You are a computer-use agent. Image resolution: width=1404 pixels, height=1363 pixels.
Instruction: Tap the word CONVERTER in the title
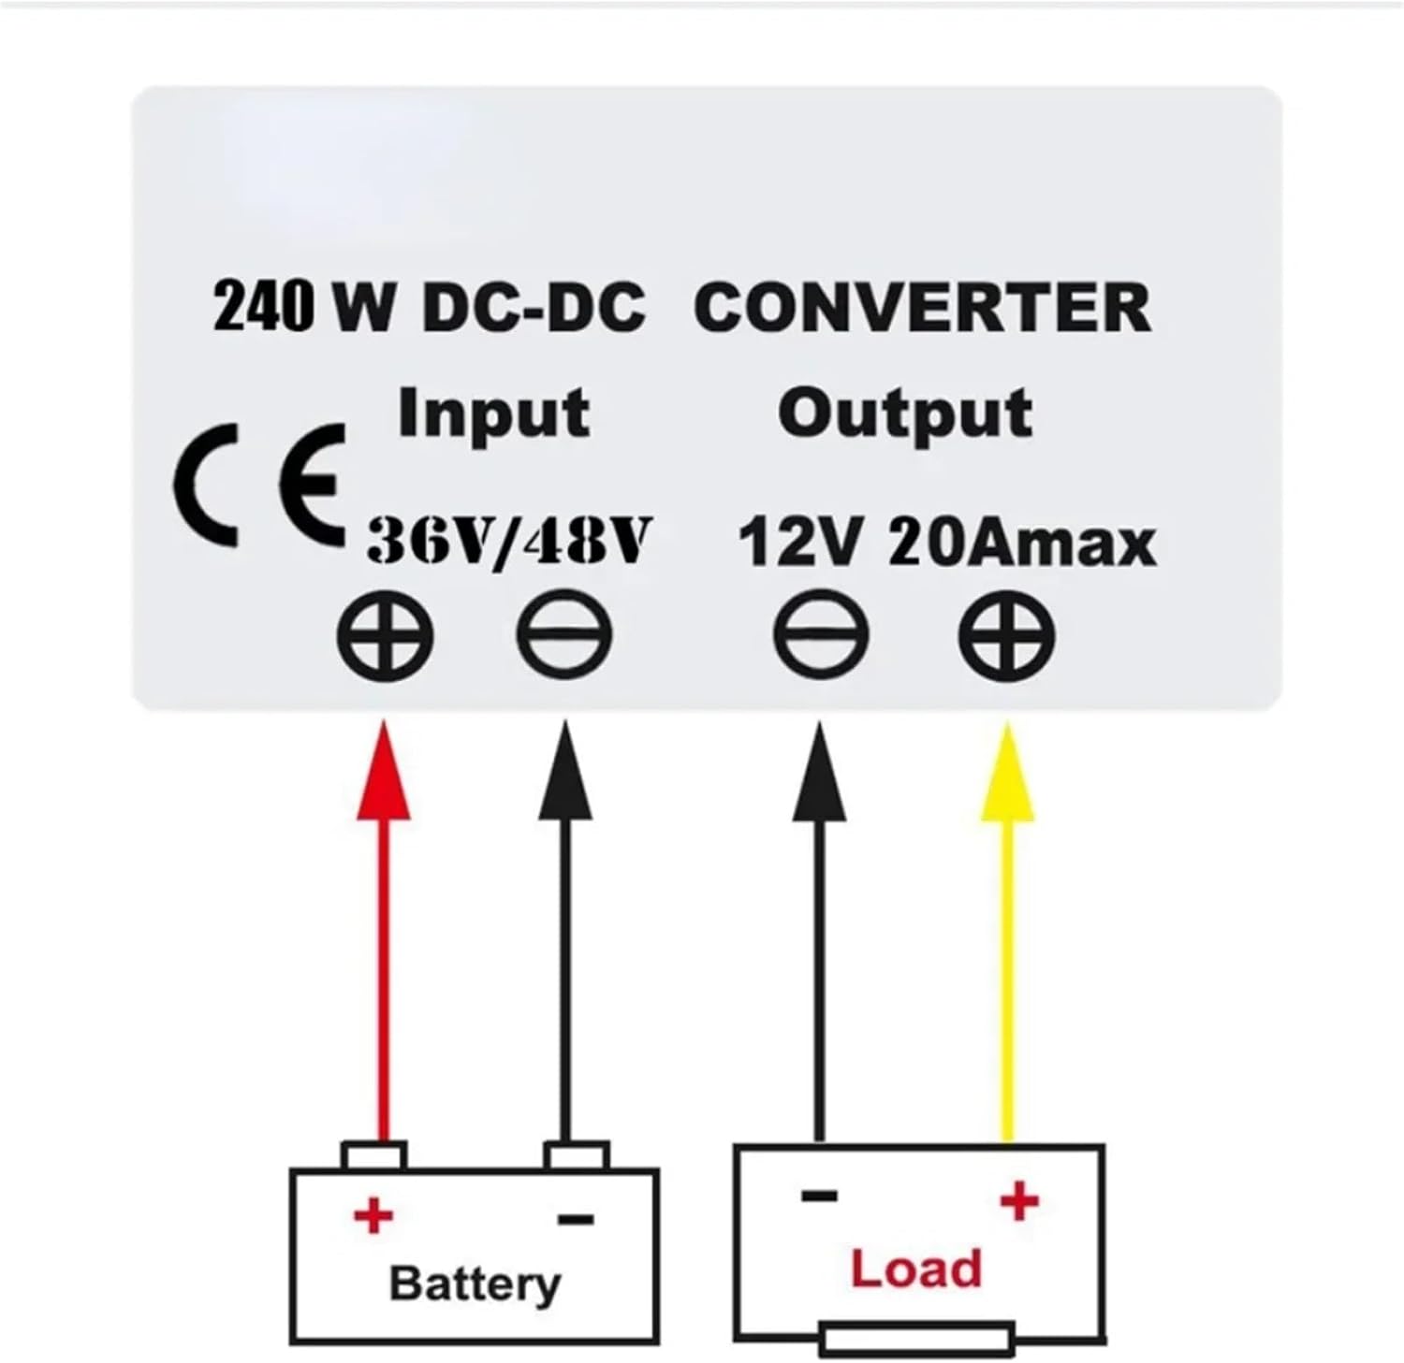pos(922,308)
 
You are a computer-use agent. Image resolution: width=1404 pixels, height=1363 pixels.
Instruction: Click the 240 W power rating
pos(302,308)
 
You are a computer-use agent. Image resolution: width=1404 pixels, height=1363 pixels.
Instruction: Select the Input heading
pos(493,414)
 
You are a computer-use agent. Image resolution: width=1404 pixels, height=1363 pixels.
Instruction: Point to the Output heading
pos(904,414)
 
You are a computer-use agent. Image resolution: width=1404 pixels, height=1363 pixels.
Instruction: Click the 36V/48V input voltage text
pos(508,542)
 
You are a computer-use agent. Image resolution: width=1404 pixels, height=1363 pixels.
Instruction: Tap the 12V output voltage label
pos(798,544)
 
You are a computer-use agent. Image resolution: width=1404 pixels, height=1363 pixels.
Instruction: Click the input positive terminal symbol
pos(386,636)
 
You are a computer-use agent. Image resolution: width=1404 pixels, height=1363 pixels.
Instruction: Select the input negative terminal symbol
pos(564,636)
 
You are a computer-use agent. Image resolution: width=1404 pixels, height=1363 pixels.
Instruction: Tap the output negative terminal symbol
pos(821,636)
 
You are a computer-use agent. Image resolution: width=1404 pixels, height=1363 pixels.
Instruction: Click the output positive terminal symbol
pos(1007,636)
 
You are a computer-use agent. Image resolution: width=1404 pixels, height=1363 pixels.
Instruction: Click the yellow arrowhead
pos(1007,776)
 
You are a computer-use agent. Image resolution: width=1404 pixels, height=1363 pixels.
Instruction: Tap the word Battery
pos(475,1283)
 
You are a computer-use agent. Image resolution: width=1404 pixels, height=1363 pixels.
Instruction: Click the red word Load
pos(915,1269)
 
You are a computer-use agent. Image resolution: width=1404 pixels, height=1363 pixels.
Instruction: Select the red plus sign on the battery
pos(373,1216)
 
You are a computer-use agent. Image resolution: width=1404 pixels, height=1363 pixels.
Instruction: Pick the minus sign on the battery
pos(576,1219)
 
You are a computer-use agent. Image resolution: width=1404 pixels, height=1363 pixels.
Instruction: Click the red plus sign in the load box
pos(1019,1200)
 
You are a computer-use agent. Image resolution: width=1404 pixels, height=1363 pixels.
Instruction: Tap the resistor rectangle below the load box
pos(916,1339)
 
